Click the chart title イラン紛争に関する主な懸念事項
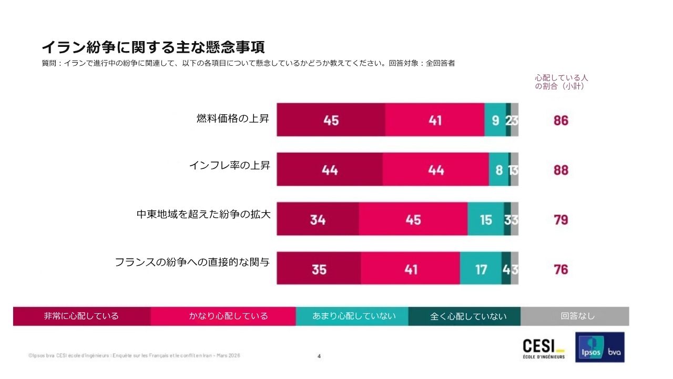(153, 47)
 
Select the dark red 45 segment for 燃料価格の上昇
(331, 120)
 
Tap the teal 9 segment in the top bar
(495, 120)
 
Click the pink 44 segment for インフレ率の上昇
(435, 169)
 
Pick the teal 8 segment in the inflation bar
(498, 169)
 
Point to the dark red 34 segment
(318, 219)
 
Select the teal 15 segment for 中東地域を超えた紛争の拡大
(485, 219)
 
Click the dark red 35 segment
(319, 269)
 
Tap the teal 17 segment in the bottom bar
(481, 269)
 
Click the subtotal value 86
(560, 120)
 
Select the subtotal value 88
(560, 170)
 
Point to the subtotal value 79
(560, 220)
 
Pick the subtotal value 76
(560, 269)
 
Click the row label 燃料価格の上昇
(232, 118)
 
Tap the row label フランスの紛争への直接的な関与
(192, 262)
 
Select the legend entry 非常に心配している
(81, 316)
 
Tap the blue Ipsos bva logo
(599, 347)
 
